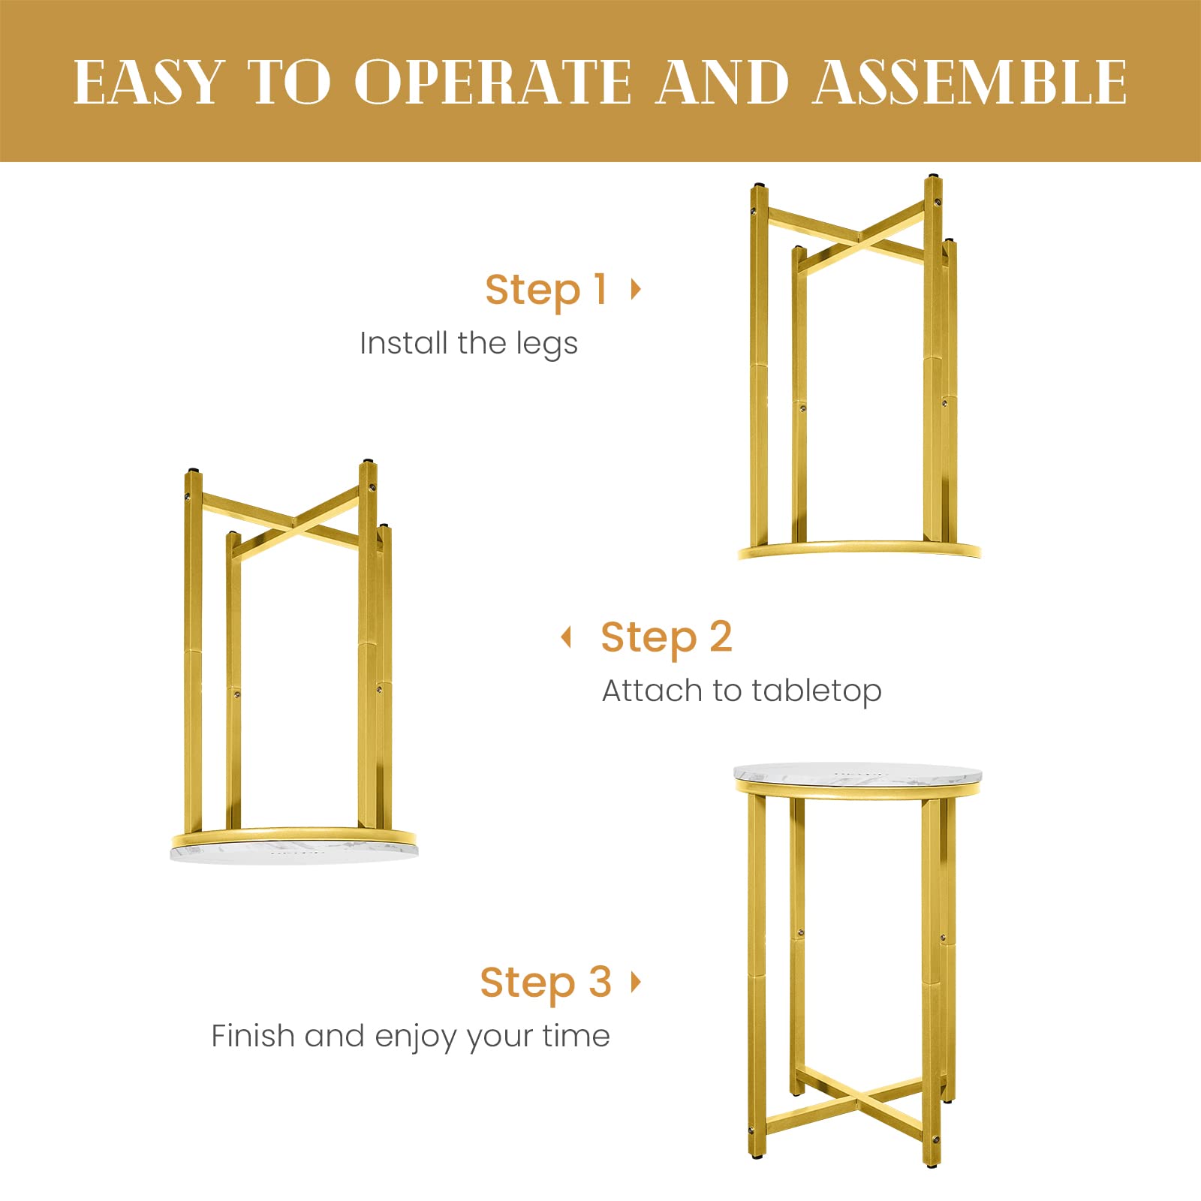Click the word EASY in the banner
(149, 82)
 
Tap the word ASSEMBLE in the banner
(970, 82)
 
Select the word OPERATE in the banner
(493, 82)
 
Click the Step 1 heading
(546, 290)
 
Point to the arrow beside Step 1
(637, 288)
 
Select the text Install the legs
(468, 344)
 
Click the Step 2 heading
(666, 637)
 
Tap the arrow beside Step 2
(567, 637)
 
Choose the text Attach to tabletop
(742, 691)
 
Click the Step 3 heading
(546, 983)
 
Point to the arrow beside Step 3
(637, 981)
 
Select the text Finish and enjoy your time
(411, 1036)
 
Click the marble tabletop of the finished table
(857, 772)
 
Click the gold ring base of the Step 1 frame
(859, 549)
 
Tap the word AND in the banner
(722, 82)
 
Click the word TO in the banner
(289, 82)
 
